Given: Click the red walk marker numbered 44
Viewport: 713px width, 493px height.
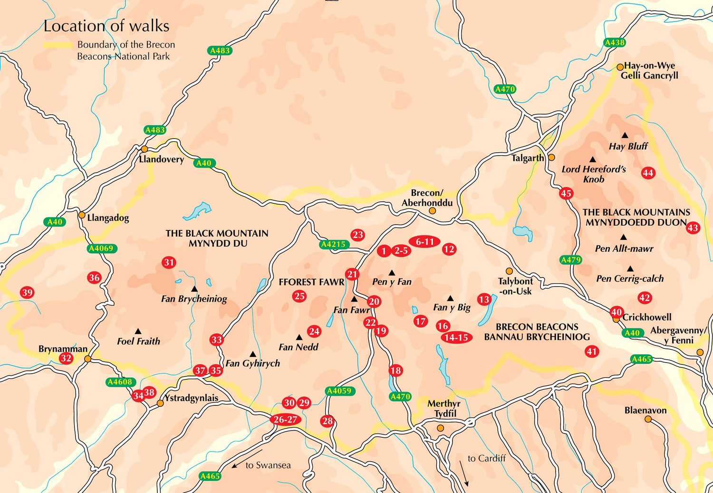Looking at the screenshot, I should click(x=648, y=173).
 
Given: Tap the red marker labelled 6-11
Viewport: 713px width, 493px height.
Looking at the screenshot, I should click(x=424, y=242).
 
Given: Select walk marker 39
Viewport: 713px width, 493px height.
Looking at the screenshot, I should click(x=27, y=293).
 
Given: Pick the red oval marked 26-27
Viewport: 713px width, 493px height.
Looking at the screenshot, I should click(x=285, y=419).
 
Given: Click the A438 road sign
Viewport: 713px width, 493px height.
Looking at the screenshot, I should click(x=614, y=42).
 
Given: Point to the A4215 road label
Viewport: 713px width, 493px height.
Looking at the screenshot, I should click(x=333, y=245).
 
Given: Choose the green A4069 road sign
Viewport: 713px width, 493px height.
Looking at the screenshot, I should click(x=102, y=248).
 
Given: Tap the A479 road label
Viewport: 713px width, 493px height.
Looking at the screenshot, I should click(x=570, y=260).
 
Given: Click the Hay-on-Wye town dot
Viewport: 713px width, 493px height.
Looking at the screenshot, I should click(x=620, y=67).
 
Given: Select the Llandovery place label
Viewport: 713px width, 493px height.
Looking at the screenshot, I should click(x=161, y=159).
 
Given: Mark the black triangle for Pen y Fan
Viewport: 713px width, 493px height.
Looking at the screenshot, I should click(x=392, y=273).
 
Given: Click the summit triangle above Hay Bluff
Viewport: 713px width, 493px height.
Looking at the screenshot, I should click(x=625, y=136).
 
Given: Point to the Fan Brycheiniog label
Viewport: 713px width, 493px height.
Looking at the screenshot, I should click(x=194, y=299).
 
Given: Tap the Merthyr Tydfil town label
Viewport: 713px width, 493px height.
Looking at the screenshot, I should click(x=443, y=408).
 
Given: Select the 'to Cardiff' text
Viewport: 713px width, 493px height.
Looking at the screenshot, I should click(x=486, y=458).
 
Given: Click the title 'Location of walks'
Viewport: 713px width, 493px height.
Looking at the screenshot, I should click(x=106, y=26).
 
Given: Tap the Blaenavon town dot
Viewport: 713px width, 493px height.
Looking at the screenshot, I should click(x=648, y=419).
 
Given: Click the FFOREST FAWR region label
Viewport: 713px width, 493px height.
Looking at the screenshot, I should click(x=311, y=282).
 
